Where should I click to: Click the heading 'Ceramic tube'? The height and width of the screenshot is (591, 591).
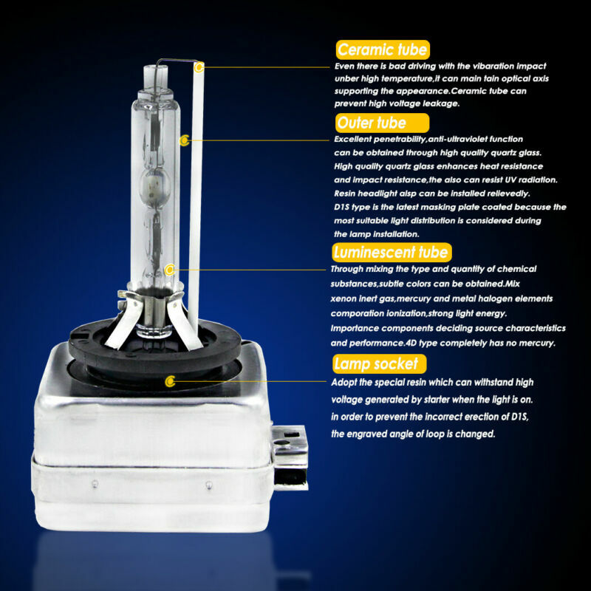coord(382,49)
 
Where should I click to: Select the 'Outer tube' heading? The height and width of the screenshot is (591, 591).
coord(372,123)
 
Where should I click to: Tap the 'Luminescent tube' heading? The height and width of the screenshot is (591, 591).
coord(392,253)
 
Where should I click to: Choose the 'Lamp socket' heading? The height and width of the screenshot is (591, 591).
coord(379,363)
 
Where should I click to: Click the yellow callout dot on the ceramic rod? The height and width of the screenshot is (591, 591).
coord(198,67)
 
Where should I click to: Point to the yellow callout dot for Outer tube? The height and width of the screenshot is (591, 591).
coord(185,139)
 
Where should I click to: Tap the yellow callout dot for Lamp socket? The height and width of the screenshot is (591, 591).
coord(171,381)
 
